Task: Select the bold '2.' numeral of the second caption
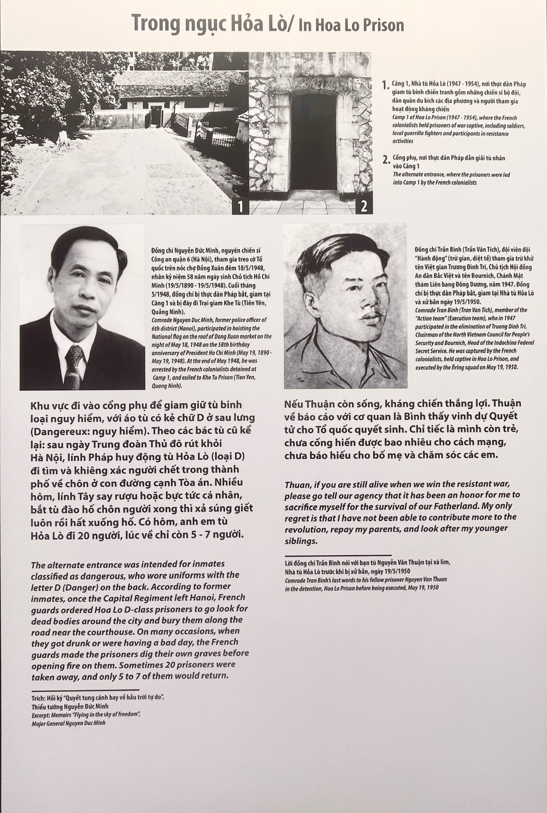[x=386, y=160]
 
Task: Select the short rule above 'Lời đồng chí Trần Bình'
[x=337, y=555]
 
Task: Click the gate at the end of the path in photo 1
[x=157, y=111]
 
